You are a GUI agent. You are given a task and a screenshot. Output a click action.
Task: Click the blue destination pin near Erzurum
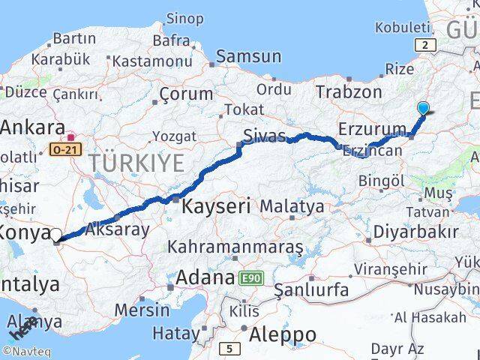424,108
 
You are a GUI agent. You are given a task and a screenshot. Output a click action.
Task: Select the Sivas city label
263,136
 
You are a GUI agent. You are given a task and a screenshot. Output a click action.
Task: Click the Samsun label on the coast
249,56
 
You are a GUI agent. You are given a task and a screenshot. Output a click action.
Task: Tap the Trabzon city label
349,92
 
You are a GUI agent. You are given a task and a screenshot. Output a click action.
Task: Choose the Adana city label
205,278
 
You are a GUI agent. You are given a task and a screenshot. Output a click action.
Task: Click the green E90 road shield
250,278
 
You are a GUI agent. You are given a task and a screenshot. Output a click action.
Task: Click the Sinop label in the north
184,18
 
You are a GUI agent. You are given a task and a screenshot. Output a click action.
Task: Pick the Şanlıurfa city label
311,289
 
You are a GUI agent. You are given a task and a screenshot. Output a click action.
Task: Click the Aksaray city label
118,229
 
